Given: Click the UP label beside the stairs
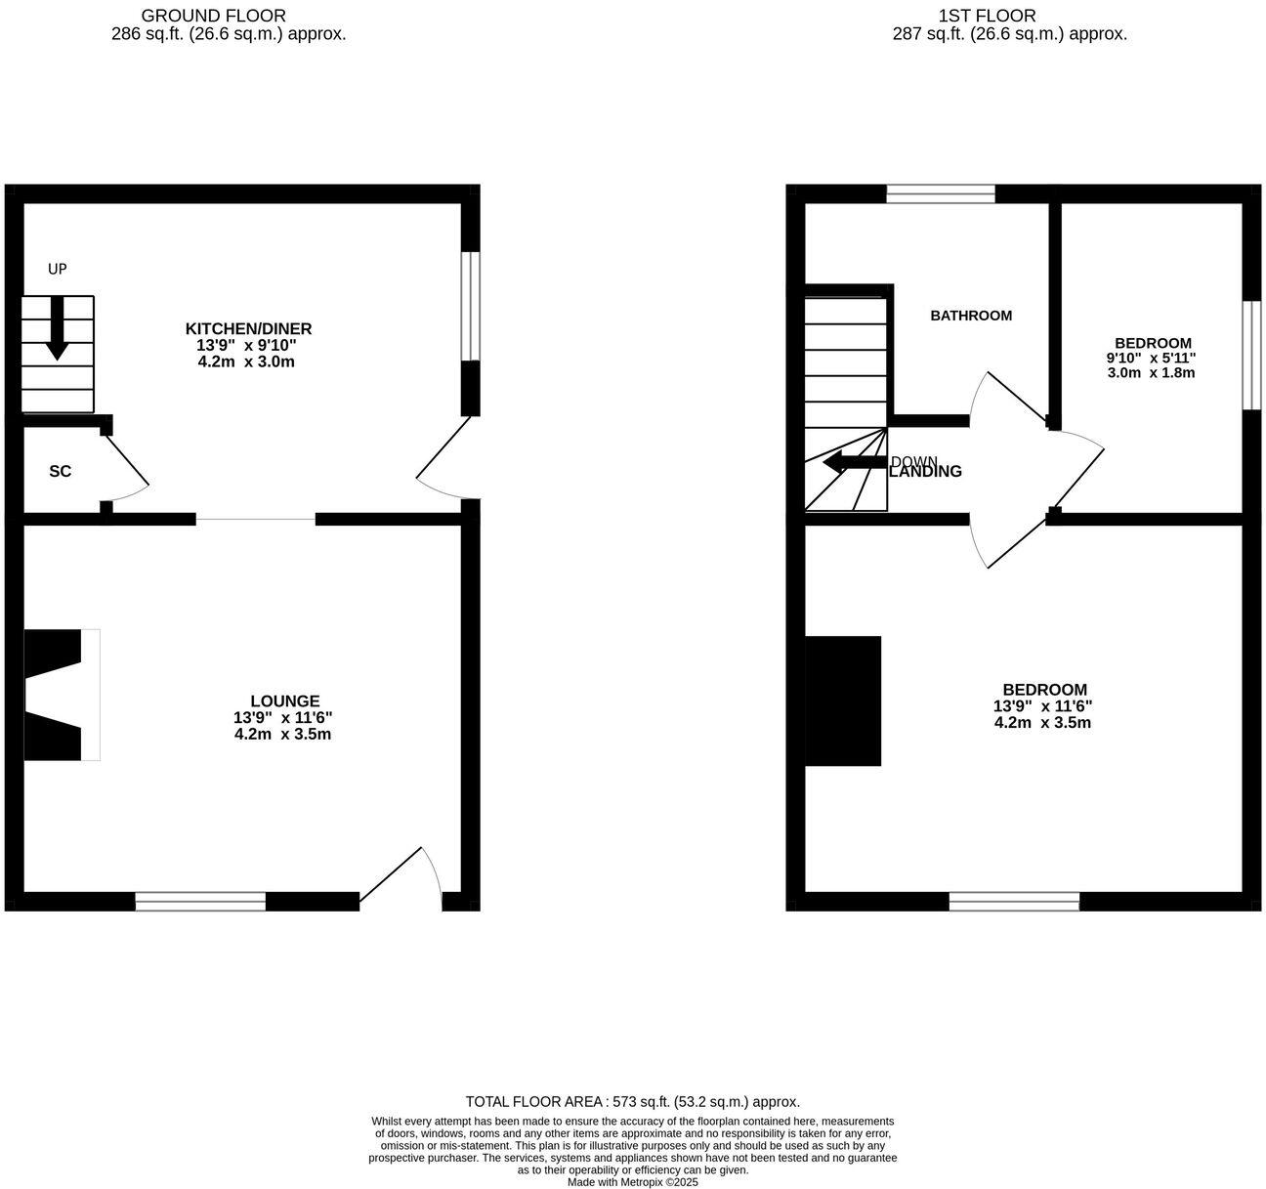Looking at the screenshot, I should (58, 269).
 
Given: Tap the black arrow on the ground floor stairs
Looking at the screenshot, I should (57, 328).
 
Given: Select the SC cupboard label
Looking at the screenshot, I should (61, 471).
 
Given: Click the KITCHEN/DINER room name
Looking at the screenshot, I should (248, 328).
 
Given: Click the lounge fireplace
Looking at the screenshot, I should (59, 695).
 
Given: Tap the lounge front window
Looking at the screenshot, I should (200, 901).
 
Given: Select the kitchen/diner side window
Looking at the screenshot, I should (471, 306).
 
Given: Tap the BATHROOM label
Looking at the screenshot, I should (971, 316).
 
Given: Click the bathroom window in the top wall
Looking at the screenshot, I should (941, 193).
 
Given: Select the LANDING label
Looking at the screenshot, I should (926, 472).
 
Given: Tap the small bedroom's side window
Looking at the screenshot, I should (1251, 355).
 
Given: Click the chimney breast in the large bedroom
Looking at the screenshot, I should (842, 701).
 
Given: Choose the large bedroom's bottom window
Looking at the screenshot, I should (1014, 901).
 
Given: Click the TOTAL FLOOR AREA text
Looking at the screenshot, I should (633, 1101).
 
